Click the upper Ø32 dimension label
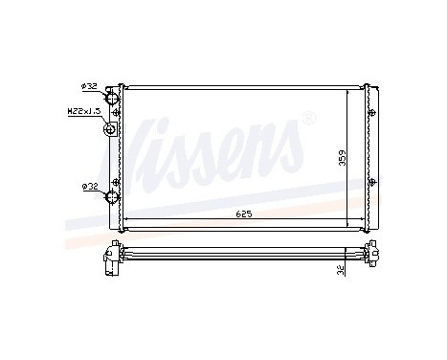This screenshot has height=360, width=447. coord(89,86)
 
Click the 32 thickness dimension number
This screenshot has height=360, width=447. coord(342,272)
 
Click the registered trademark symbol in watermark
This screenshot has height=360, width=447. coord(308,119)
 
